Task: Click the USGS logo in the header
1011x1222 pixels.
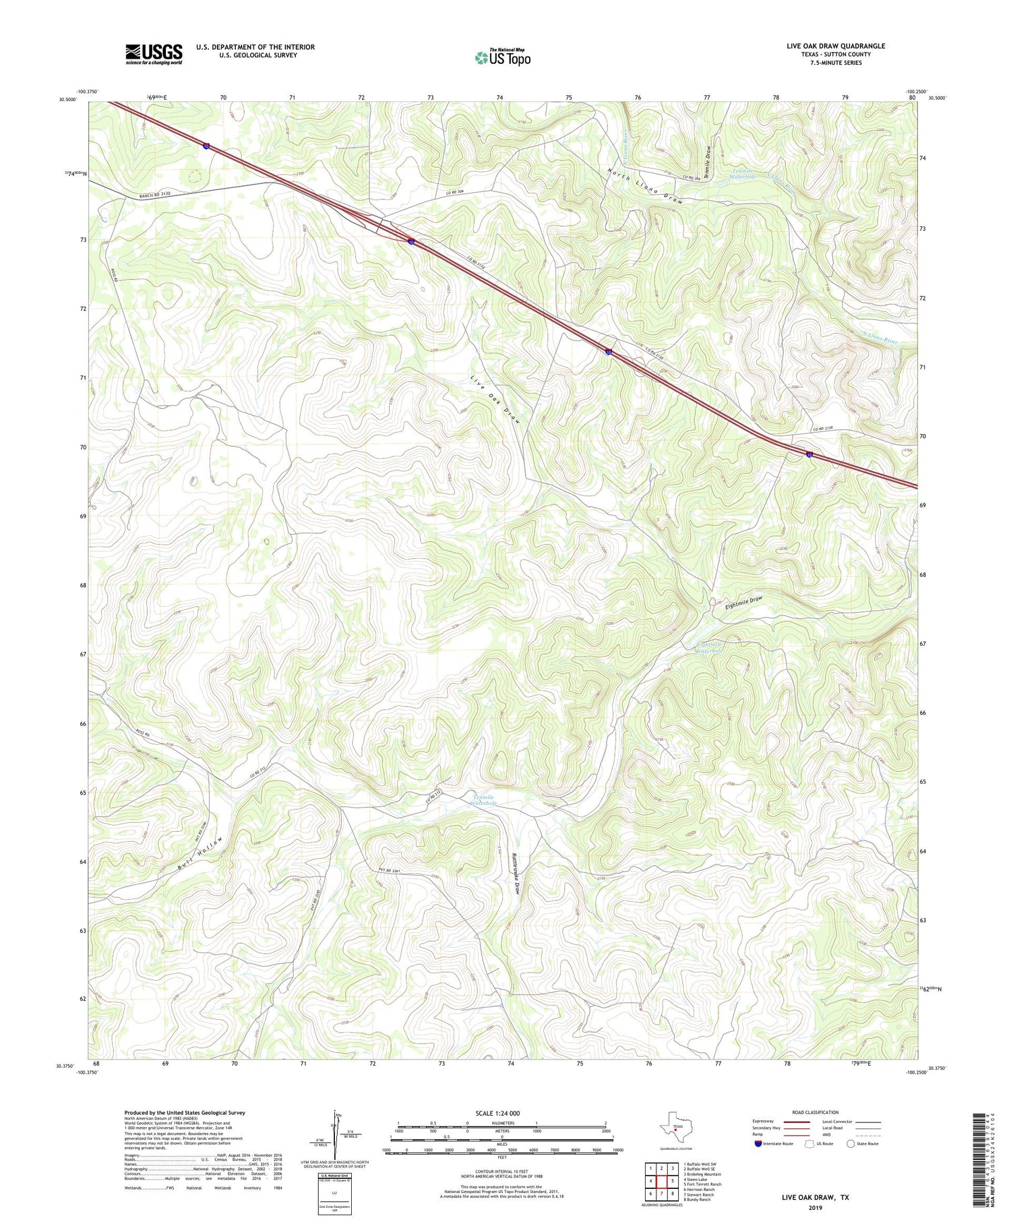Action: point(154,54)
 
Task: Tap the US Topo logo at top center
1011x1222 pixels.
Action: point(502,57)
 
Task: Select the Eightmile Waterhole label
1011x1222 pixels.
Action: point(708,647)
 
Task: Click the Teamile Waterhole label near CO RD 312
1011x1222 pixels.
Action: point(483,800)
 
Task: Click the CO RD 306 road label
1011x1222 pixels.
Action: point(457,193)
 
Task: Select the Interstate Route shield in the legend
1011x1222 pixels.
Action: point(759,1144)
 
